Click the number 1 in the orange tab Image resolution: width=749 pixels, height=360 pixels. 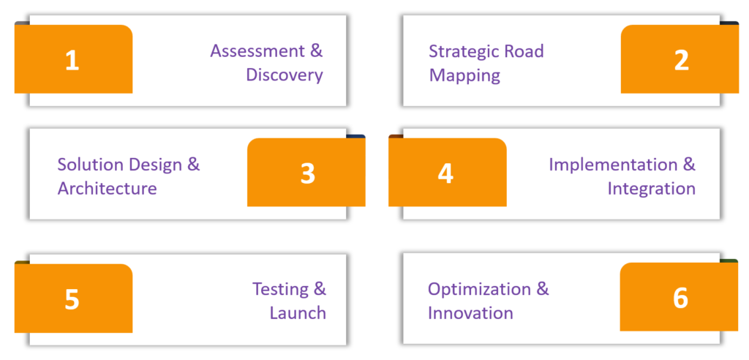pos(72,61)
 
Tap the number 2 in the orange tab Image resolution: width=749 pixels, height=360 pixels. pos(682,61)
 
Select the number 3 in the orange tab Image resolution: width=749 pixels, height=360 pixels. pos(308,173)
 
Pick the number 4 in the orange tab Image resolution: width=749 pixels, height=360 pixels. pos(445,173)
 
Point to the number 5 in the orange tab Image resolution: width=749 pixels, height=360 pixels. pos(72,299)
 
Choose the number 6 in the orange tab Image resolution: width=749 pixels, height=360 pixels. pos(681,298)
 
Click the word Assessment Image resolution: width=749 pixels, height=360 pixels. pos(259,50)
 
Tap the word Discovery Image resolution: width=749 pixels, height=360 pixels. pos(285,75)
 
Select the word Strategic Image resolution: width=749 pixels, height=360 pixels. pos(462,51)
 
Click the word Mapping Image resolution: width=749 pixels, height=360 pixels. pos(464,76)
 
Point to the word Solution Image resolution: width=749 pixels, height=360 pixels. pos(90,165)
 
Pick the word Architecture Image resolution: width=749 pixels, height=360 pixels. pos(107,188)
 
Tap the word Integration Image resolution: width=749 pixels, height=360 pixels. pos(652,188)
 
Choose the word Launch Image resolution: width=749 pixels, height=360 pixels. pos(298,313)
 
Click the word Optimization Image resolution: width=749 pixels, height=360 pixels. pos(479,290)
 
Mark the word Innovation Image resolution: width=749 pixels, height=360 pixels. pos(470,314)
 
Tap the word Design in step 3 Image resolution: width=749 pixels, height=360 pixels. pos(155,165)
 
